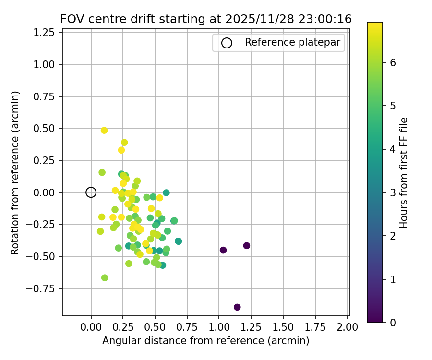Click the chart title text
pyautogui.click(x=206, y=19)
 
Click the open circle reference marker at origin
pyautogui.click(x=91, y=192)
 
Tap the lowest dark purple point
pyautogui.click(x=237, y=307)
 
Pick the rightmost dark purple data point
pyautogui.click(x=247, y=246)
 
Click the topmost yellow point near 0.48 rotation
pyautogui.click(x=104, y=131)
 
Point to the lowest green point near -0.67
pyautogui.click(x=105, y=278)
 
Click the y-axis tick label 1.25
pyautogui.click(x=47, y=33)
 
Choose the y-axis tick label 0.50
pyautogui.click(x=47, y=129)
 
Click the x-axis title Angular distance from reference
pyautogui.click(x=205, y=341)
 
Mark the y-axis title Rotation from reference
pyautogui.click(x=15, y=173)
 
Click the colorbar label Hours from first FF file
pyautogui.click(x=404, y=173)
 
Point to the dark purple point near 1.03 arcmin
pyautogui.click(x=223, y=250)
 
